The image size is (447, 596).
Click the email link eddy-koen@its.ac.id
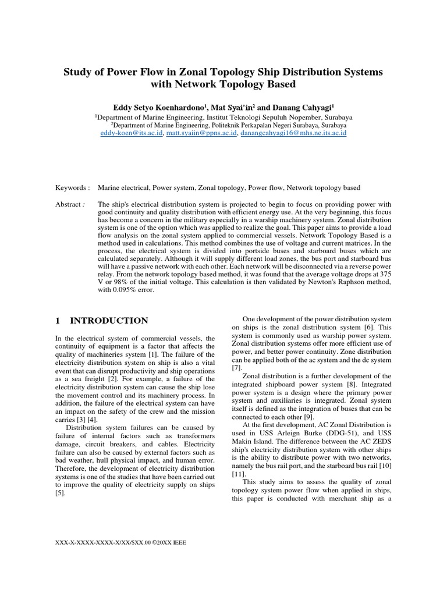click(132, 133)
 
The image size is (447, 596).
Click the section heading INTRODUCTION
click(109, 321)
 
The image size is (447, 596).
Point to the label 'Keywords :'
click(73, 188)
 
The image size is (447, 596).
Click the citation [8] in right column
click(353, 385)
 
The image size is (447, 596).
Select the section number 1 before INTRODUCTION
click(58, 321)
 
